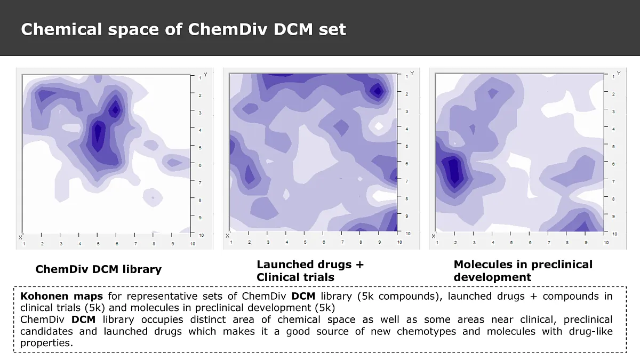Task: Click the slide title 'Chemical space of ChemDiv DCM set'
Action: click(x=183, y=29)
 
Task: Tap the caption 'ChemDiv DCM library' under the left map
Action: click(x=98, y=269)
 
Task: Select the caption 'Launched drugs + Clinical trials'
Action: click(x=310, y=270)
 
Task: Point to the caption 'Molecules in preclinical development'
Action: click(x=523, y=271)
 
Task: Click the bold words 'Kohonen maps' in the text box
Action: click(x=61, y=296)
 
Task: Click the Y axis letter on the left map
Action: click(x=205, y=74)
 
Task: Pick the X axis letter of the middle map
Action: click(x=227, y=236)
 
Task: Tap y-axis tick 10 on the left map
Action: click(x=200, y=235)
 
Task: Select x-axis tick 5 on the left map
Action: click(x=98, y=244)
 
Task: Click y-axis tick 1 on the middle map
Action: click(x=406, y=77)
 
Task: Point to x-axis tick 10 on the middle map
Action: click(x=399, y=243)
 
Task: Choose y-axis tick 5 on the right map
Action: click(x=613, y=146)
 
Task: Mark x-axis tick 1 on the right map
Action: click(x=437, y=243)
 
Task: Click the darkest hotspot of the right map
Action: click(x=453, y=170)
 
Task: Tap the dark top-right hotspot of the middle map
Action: click(x=378, y=91)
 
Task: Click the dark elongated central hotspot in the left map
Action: click(x=98, y=136)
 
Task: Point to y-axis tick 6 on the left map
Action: click(x=200, y=165)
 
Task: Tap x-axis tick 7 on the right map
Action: click(x=549, y=243)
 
